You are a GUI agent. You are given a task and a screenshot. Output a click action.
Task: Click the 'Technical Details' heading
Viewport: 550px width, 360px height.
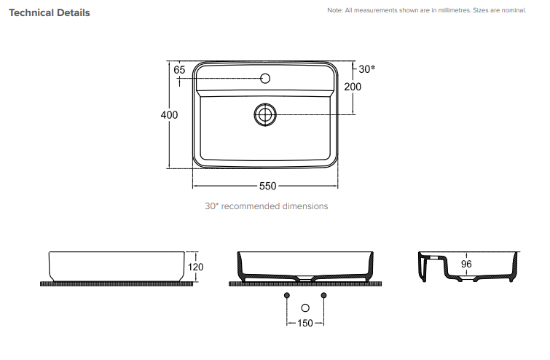(49, 12)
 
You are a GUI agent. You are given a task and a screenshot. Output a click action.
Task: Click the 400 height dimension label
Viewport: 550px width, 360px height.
(169, 115)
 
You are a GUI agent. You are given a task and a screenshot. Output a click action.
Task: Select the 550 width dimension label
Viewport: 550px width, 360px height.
(267, 186)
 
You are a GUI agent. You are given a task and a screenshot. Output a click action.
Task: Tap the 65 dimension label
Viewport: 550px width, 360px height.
(180, 70)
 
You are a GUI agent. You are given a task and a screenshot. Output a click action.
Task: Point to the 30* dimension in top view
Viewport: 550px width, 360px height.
(367, 69)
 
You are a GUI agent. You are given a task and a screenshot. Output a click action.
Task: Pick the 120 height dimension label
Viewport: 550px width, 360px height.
(196, 267)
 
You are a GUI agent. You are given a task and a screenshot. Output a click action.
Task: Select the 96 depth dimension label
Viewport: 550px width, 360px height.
(467, 265)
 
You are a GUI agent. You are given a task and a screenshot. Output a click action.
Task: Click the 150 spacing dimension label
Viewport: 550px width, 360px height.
(305, 323)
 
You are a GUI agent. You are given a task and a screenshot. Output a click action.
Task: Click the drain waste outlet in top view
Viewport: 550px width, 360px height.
(266, 114)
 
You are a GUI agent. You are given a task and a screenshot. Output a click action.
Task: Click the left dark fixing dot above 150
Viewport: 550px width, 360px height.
(287, 294)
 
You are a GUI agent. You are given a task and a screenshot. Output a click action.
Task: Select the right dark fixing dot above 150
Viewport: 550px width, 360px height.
(324, 294)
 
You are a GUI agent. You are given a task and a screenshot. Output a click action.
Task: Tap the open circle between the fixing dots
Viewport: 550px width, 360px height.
(305, 308)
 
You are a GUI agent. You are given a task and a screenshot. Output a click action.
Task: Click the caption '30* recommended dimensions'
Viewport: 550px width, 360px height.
(266, 206)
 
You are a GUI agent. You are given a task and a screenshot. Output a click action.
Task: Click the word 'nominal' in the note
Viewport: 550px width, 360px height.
(510, 10)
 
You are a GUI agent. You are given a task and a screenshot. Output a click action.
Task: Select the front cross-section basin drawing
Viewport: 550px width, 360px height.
(305, 267)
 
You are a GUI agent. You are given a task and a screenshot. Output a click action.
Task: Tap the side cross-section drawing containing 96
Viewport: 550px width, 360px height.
(468, 268)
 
